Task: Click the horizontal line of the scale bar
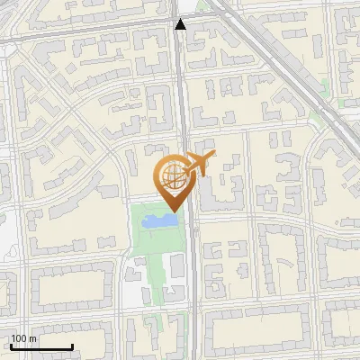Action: pos(40,347)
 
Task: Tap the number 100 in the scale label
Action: pos(20,339)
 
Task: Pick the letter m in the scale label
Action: pos(32,339)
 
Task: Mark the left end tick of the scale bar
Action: pos(10,346)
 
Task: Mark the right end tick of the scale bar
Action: pos(72,346)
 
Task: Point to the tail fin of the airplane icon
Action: pos(212,157)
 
